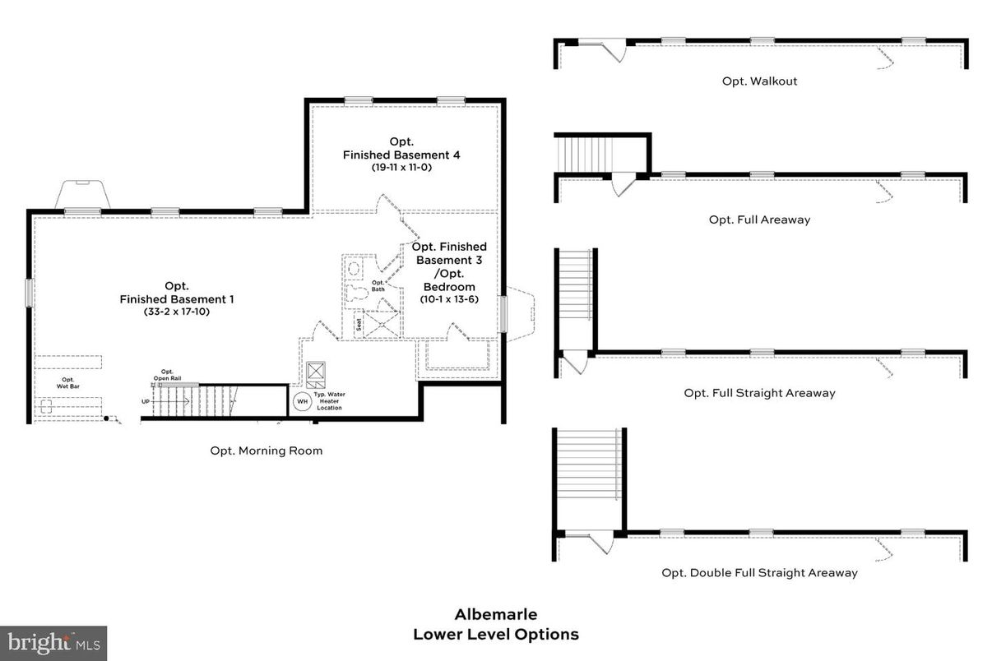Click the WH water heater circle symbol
click(301, 402)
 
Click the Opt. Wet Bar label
click(68, 382)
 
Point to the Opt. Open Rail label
click(167, 375)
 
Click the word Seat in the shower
click(359, 324)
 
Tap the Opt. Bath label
click(378, 285)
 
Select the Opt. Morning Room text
click(266, 451)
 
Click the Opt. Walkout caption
click(759, 81)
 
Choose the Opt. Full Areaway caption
click(759, 220)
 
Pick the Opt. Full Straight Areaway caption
click(759, 393)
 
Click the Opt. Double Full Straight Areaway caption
click(759, 573)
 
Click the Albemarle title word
click(496, 614)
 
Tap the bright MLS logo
click(53, 642)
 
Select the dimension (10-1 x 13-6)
click(449, 299)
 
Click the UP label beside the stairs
click(146, 401)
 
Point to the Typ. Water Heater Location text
click(330, 401)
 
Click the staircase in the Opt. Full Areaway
click(584, 154)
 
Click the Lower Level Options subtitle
click(496, 634)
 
